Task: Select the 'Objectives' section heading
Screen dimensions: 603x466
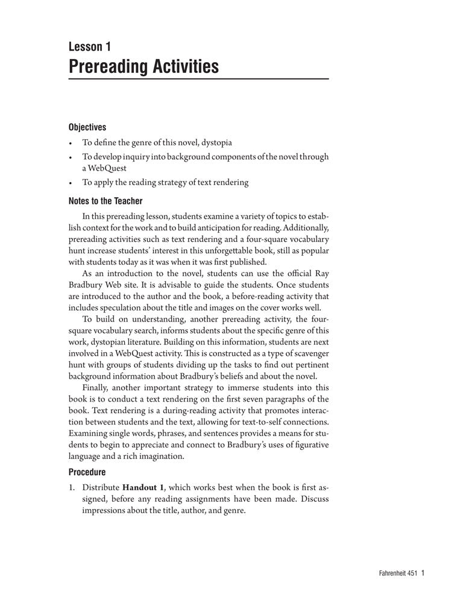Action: coord(87,127)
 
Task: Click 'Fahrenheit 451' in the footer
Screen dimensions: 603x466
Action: coord(394,574)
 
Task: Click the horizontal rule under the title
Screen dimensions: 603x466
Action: coord(198,79)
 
